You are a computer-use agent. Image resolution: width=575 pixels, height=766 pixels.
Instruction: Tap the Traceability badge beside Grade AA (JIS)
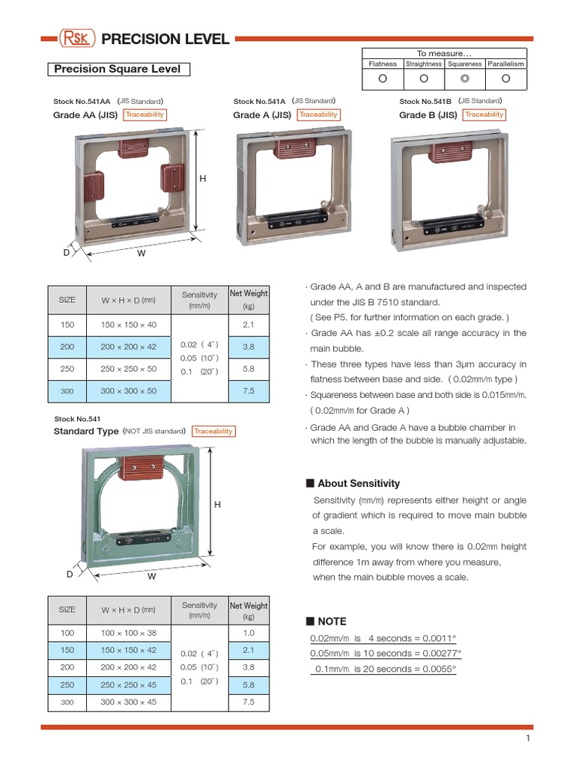coord(144,114)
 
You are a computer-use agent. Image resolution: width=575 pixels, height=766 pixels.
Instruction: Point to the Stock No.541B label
coord(425,101)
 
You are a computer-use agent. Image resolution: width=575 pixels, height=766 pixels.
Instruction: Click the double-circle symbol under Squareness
coord(465,79)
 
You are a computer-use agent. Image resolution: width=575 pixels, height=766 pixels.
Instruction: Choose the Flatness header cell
coord(382,64)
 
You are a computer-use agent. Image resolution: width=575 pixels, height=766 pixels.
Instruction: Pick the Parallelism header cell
coord(505,64)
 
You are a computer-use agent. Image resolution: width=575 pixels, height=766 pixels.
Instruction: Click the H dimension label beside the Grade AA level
coord(202,180)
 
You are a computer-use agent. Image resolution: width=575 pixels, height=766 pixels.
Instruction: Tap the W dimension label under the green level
coord(152,577)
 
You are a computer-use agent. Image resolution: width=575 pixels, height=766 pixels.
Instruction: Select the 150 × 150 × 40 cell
coord(129,325)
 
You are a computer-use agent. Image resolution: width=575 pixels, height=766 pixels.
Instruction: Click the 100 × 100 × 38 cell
coord(129,633)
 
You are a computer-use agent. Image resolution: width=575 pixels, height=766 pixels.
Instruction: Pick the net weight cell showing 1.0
coord(249,633)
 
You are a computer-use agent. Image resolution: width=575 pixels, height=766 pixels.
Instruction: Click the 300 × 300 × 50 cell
coord(129,390)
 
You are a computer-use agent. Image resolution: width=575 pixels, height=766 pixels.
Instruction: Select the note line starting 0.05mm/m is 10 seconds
coord(386,653)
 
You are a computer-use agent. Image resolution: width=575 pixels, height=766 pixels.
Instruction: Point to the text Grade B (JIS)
coord(428,115)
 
